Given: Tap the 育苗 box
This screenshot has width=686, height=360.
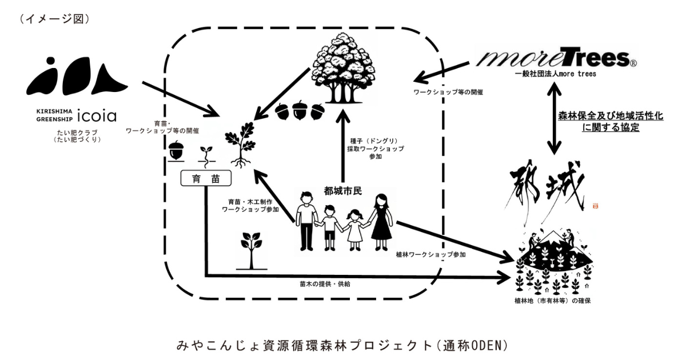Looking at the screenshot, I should coord(205,179).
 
